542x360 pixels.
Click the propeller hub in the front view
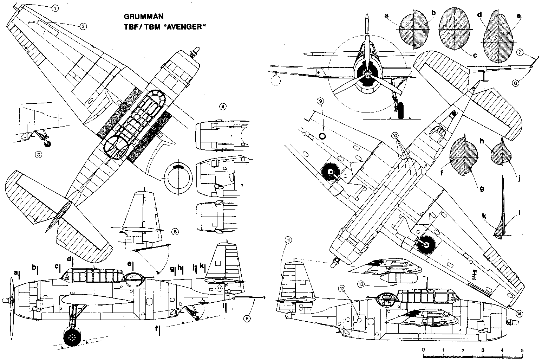pyautogui.click(x=367, y=73)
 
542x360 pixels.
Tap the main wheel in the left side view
pyautogui.click(x=73, y=338)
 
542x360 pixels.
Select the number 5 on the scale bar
pyautogui.click(x=522, y=350)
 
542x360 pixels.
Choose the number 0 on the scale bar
pyautogui.click(x=424, y=350)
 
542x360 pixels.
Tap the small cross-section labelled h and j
pyautogui.click(x=501, y=155)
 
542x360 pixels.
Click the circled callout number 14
pyautogui.click(x=519, y=310)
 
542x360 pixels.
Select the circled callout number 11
pyautogui.click(x=288, y=240)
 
